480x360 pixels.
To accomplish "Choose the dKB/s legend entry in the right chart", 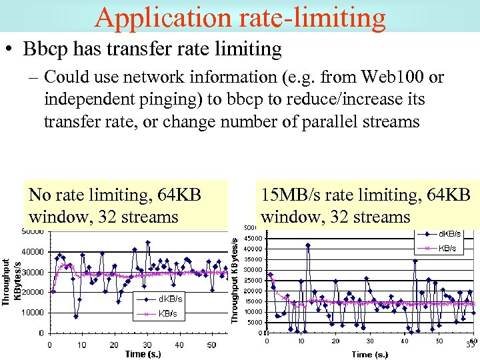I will [447, 233].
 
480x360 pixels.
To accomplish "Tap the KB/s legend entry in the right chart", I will [446, 248].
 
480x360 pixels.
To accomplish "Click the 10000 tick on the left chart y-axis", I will [32, 312].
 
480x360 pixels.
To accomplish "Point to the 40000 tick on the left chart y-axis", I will [32, 252].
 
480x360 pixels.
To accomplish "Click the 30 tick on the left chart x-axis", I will [146, 345].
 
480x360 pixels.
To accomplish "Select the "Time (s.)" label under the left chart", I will [143, 354].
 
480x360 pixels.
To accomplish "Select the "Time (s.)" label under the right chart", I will [370, 354].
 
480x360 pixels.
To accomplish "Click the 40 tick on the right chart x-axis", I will [405, 341].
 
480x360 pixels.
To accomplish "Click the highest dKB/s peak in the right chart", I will [308, 245].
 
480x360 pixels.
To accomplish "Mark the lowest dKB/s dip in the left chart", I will [76, 316].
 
